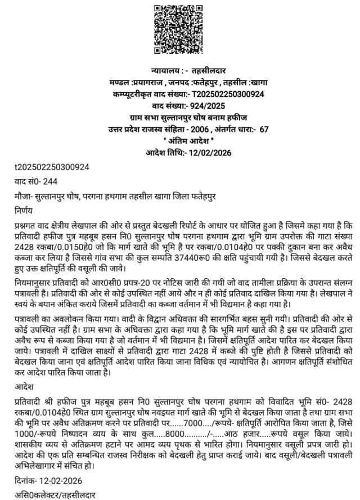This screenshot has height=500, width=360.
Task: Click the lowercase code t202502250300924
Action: [x=52, y=167]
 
